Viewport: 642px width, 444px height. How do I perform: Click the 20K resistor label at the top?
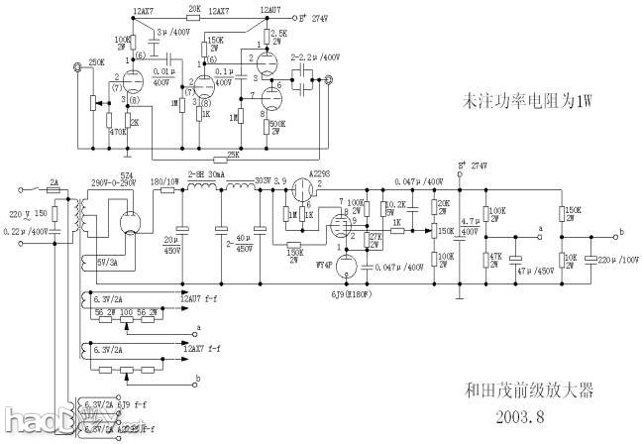tap(194, 8)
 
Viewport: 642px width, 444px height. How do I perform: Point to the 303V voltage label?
tap(264, 180)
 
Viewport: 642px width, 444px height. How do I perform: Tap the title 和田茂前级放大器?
tap(529, 389)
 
